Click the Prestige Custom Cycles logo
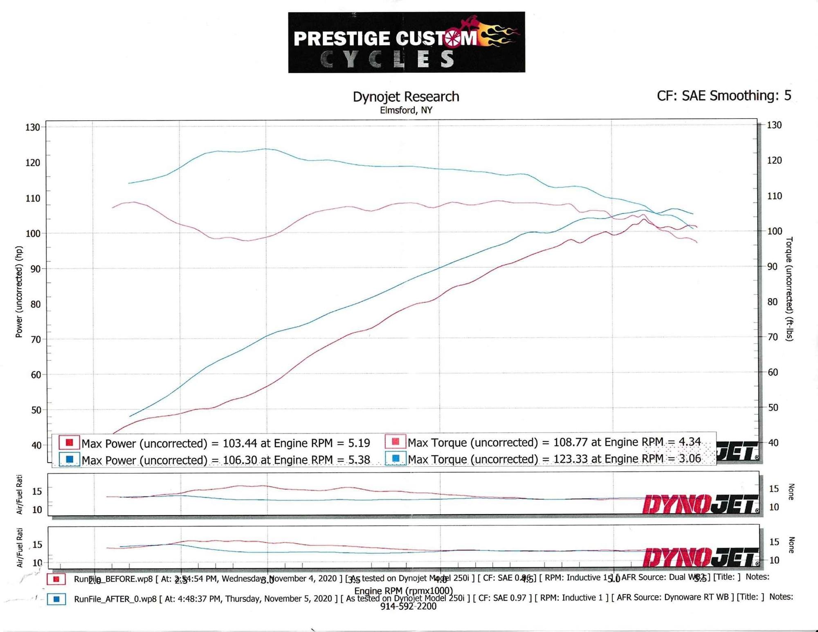point(406,42)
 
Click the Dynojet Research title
point(406,97)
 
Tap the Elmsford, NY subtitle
point(406,110)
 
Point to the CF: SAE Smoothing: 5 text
point(724,96)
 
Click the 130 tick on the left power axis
point(33,127)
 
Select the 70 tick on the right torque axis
point(772,337)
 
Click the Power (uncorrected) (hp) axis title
point(19,292)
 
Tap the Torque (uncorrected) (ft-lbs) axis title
point(789,289)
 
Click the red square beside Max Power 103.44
point(69,442)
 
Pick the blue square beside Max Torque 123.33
point(395,459)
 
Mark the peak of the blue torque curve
point(266,149)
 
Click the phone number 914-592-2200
point(408,607)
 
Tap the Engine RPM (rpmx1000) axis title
point(403,591)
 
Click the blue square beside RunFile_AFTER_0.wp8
point(56,599)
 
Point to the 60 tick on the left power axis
point(36,375)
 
